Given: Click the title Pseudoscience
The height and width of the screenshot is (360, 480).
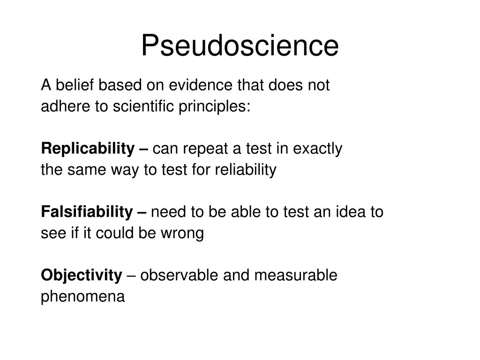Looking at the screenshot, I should (240, 46).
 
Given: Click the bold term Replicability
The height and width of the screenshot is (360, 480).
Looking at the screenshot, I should (88, 149).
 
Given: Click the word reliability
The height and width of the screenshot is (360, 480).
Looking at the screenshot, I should (245, 170).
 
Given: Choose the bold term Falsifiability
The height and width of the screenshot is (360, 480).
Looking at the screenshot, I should (87, 212).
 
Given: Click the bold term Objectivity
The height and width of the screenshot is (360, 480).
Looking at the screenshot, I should (81, 276).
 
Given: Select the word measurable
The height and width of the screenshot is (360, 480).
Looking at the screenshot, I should (295, 276).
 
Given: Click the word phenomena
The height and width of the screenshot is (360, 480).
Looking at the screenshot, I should (83, 297).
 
